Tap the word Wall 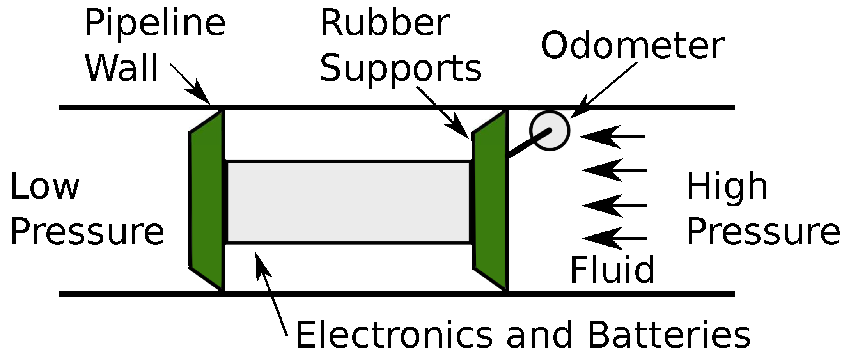[x=122, y=68]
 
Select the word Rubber [x=385, y=23]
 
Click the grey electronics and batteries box [x=348, y=202]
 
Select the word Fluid [x=612, y=270]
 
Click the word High [x=727, y=187]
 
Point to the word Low [x=45, y=187]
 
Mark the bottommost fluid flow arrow [x=614, y=238]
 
